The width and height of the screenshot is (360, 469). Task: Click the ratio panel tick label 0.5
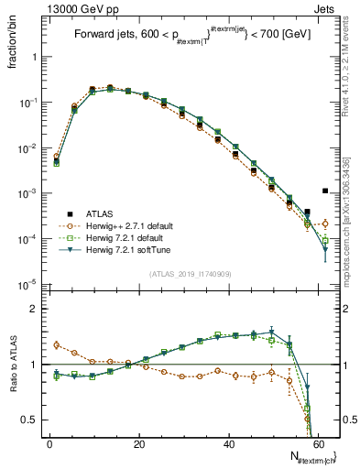28,420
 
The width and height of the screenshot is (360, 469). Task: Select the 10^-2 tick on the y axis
27,148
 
